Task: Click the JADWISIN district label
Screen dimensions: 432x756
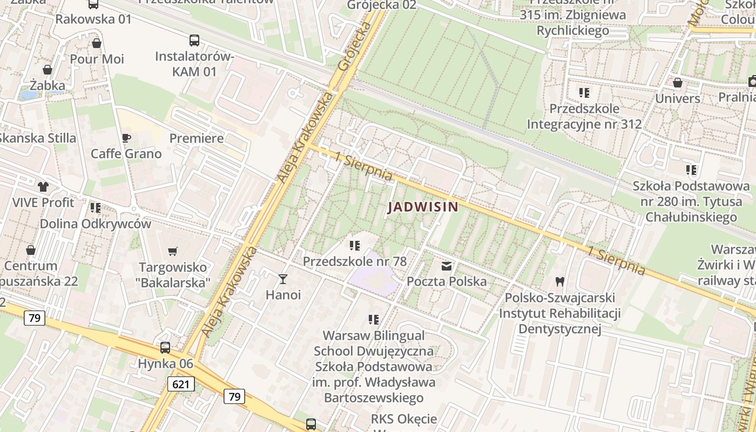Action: (x=423, y=207)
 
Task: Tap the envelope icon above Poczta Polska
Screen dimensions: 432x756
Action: (x=447, y=266)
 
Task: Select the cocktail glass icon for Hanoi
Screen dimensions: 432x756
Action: (x=282, y=279)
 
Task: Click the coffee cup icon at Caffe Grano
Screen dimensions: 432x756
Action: (x=126, y=138)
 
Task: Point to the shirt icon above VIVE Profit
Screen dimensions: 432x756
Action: (x=43, y=187)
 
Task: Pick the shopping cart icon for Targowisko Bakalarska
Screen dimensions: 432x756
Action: (x=173, y=251)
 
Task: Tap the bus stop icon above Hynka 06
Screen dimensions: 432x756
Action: (x=165, y=348)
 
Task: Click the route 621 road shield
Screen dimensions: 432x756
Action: (x=181, y=384)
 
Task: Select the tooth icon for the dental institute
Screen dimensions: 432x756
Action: (x=559, y=281)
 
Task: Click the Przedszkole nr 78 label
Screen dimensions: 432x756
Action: (x=354, y=261)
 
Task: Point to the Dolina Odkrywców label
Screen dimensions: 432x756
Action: (x=96, y=224)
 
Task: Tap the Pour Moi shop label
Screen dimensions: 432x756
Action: (x=97, y=59)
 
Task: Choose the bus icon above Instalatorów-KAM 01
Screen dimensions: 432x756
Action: (x=194, y=40)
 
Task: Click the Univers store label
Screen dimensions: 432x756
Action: (x=677, y=98)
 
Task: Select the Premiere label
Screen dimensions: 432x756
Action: (x=197, y=138)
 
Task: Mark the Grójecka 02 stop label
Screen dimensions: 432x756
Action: (x=382, y=5)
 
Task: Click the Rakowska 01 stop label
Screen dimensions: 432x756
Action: (x=93, y=19)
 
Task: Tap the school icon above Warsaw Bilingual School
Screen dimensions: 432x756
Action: (x=373, y=320)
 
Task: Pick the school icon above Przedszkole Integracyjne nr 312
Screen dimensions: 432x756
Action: (x=584, y=93)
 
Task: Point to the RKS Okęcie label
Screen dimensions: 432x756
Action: (x=403, y=419)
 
